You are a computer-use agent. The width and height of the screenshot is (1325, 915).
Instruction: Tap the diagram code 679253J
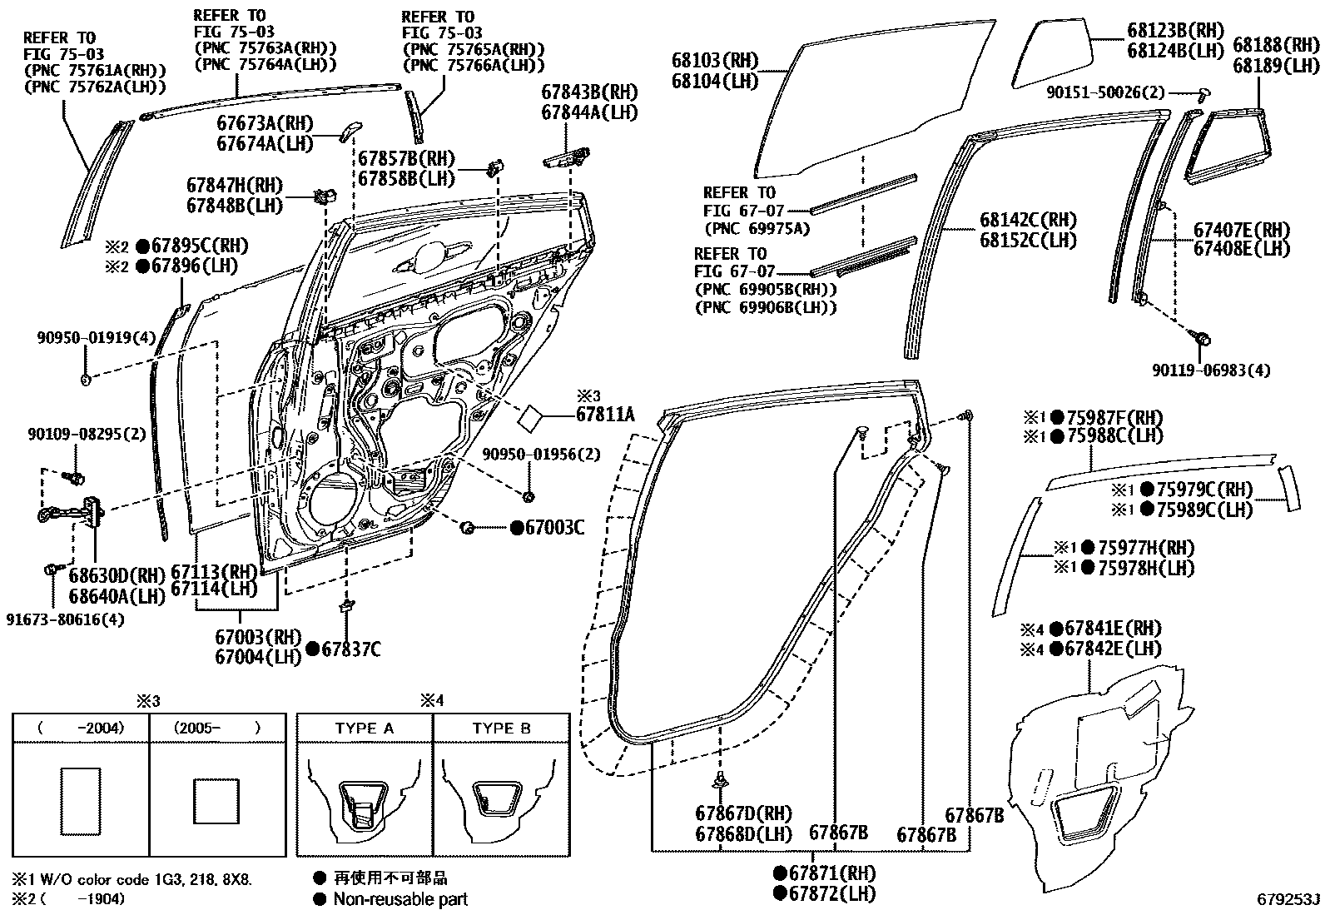1288,900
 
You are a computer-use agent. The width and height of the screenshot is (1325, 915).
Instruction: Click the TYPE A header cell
365,728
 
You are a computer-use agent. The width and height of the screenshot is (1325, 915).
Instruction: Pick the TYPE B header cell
501,728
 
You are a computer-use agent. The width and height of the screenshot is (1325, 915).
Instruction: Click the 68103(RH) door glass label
716,61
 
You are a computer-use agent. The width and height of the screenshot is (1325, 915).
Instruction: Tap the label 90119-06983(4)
1212,370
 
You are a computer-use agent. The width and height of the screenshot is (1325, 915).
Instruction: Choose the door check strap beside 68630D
71,513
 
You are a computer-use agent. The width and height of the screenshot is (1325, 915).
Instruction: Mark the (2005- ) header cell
217,728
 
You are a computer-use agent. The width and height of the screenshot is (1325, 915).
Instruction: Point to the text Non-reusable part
399,899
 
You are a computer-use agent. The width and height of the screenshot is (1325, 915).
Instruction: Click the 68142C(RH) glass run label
1028,221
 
